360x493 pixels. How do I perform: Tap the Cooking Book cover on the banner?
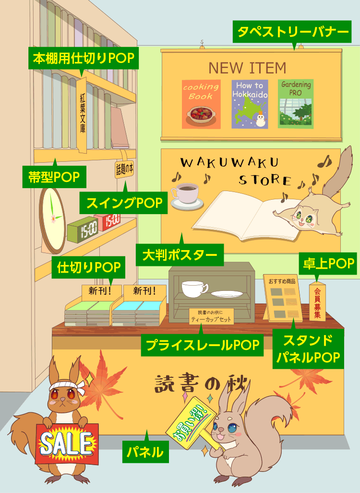pyautogui.click(x=201, y=104)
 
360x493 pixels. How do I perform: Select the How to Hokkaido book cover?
pyautogui.click(x=250, y=104)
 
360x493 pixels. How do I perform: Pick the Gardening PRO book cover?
pyautogui.click(x=295, y=104)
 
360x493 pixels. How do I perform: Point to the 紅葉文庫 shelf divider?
pyautogui.click(x=82, y=115)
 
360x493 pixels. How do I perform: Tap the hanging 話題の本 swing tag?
pyautogui.click(x=124, y=169)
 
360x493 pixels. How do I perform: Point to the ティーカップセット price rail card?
pyautogui.click(x=211, y=316)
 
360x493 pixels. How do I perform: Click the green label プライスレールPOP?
pyautogui.click(x=202, y=345)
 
